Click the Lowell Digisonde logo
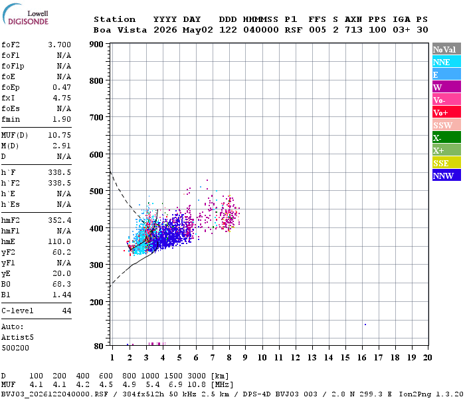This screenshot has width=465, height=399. click(x=25, y=15)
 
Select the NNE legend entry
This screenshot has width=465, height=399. click(x=446, y=62)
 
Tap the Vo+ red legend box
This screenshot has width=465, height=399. click(x=446, y=112)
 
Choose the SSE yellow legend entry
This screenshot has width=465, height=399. click(x=446, y=163)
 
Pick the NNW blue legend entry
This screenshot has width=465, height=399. click(x=446, y=176)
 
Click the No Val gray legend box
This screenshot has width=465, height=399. click(x=446, y=49)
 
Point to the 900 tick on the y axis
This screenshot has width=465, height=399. click(x=96, y=45)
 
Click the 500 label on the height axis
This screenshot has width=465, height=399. click(x=96, y=191)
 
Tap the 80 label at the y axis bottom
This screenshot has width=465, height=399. click(x=99, y=346)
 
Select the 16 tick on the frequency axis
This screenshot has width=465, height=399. click(x=361, y=358)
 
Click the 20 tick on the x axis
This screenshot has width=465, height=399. click(x=427, y=358)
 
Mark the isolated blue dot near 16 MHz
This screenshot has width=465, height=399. click(x=365, y=325)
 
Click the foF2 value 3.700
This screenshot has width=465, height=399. click(x=59, y=45)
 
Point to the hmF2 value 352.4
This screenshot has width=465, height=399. click(x=59, y=220)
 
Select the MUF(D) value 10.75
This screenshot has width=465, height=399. click(x=59, y=136)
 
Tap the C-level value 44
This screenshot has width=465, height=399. click(x=66, y=311)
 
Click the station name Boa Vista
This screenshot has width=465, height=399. click(x=120, y=30)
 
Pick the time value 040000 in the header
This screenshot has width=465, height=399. click(x=260, y=30)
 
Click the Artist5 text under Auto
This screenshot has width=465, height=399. click(x=17, y=338)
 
